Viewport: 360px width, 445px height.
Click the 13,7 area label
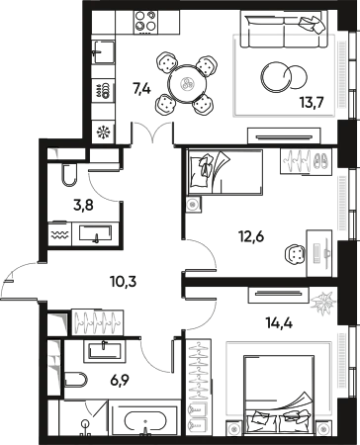click(x=313, y=103)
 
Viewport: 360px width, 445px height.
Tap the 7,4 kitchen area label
click(x=141, y=89)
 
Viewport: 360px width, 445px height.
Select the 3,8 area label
click(x=83, y=206)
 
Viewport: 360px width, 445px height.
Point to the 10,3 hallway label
click(x=123, y=282)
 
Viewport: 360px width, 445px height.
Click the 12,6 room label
click(x=251, y=236)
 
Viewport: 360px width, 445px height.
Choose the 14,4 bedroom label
click(x=279, y=323)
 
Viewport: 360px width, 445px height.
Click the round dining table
click(x=187, y=84)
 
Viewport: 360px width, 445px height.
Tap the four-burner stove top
click(x=145, y=22)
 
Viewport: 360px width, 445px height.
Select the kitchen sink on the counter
click(x=104, y=52)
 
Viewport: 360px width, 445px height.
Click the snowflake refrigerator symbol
click(x=103, y=133)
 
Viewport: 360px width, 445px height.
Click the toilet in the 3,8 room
click(x=68, y=174)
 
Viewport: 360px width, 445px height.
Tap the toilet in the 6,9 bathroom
click(x=76, y=379)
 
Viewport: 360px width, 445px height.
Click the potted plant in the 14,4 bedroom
click(x=323, y=303)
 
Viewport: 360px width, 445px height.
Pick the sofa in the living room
click(x=284, y=30)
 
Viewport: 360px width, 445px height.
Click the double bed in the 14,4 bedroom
click(x=279, y=394)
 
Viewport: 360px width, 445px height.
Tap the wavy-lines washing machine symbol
click(x=59, y=234)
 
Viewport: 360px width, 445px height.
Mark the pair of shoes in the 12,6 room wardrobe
click(x=320, y=160)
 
